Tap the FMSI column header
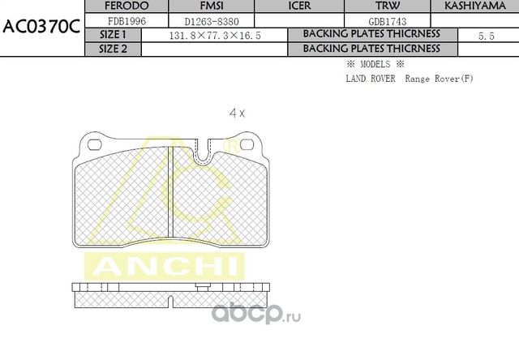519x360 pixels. pos(206,6)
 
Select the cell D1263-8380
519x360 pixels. pos(206,21)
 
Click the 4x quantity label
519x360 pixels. pos(237,114)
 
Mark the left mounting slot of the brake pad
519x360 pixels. pos(93,145)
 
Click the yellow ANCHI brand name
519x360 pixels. pos(163,266)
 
